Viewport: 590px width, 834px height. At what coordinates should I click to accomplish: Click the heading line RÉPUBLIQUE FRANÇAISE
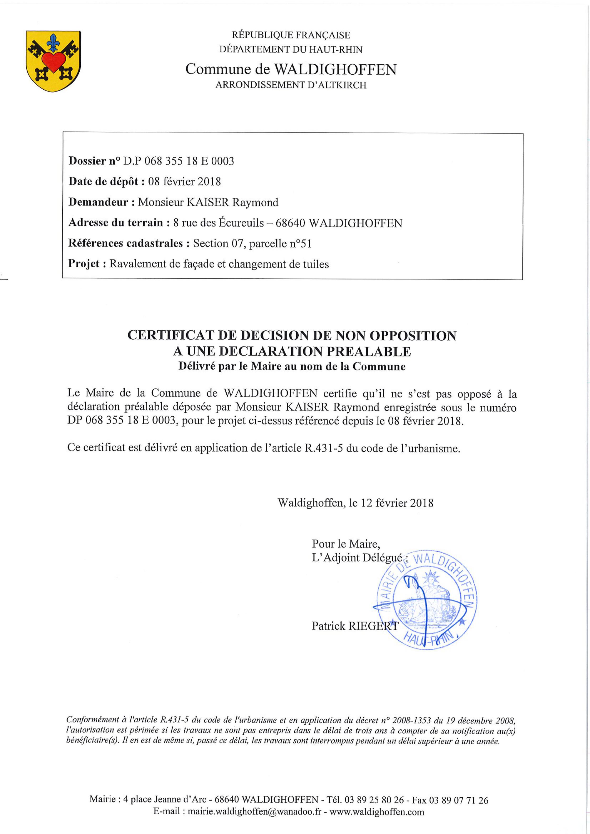[291, 35]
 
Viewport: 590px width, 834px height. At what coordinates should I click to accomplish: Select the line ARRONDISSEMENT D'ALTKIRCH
[291, 85]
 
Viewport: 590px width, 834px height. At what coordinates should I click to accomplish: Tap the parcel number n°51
[300, 243]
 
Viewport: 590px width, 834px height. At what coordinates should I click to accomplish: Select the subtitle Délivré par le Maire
[292, 366]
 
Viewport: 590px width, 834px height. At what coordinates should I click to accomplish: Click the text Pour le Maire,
[346, 544]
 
